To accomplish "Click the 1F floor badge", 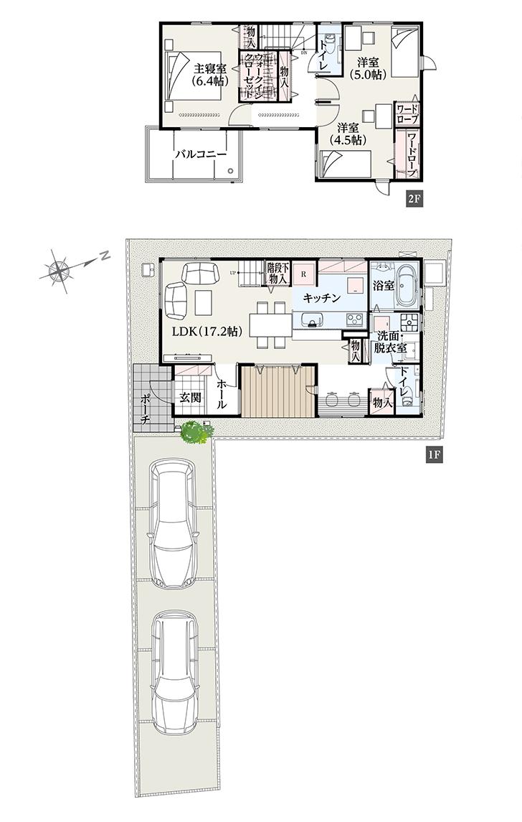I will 433,455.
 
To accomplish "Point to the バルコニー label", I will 201,154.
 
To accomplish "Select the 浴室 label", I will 383,286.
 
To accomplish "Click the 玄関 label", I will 190,397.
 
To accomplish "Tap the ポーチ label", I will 145,408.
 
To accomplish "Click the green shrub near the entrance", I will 192,433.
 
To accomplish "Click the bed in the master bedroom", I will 176,77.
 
